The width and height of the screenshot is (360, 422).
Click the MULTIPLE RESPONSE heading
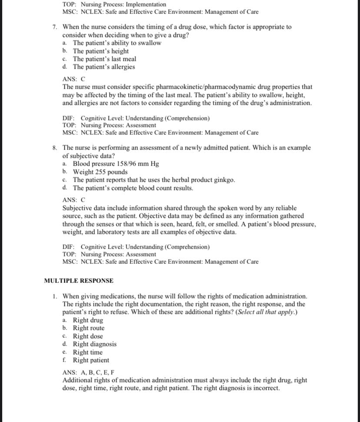click(x=79, y=281)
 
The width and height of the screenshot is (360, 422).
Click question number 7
click(x=55, y=27)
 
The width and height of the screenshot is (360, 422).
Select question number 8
click(x=55, y=148)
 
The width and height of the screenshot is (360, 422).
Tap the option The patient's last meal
click(x=104, y=59)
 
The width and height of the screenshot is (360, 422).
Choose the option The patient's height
click(x=100, y=51)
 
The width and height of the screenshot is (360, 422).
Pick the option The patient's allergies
click(x=103, y=67)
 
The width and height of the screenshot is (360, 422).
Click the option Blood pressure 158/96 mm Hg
click(x=116, y=164)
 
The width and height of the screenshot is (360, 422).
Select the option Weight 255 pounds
click(x=100, y=172)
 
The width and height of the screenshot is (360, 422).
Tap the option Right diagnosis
click(x=94, y=344)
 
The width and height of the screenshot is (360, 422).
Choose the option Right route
click(x=88, y=328)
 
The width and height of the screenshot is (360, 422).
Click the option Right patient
click(x=91, y=360)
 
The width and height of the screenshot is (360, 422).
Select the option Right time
click(x=87, y=352)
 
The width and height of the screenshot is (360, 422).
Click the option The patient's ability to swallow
click(x=117, y=43)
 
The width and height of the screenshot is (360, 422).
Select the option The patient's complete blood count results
click(x=133, y=188)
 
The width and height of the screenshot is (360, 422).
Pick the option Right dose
click(x=88, y=336)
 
